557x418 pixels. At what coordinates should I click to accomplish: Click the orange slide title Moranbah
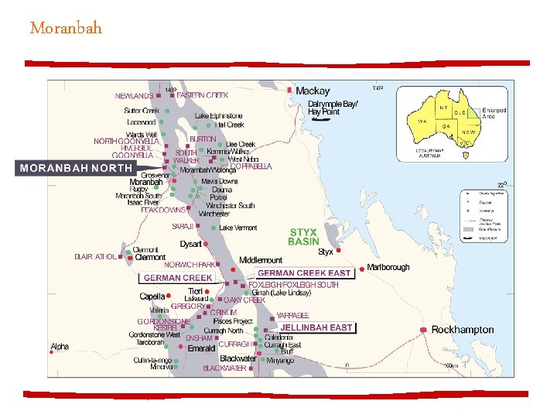(66, 29)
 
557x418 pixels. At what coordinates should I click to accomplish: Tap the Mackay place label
(312, 91)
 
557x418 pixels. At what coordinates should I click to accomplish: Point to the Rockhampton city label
(462, 330)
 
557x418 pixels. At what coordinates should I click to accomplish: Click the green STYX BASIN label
(302, 237)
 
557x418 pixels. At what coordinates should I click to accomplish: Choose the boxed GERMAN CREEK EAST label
(304, 273)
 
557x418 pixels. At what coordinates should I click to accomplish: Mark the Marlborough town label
(388, 267)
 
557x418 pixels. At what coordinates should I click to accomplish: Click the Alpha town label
(60, 347)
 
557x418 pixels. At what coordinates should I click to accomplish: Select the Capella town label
(152, 296)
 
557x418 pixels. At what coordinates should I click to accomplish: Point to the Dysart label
(190, 244)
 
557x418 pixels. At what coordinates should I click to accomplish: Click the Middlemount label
(261, 260)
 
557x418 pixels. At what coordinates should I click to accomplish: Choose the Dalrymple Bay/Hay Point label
(333, 108)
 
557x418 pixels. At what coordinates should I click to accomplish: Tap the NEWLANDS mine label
(134, 96)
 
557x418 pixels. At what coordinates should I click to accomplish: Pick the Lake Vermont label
(238, 228)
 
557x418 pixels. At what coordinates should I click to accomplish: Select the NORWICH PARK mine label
(189, 265)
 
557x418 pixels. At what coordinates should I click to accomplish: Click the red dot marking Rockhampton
(423, 330)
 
